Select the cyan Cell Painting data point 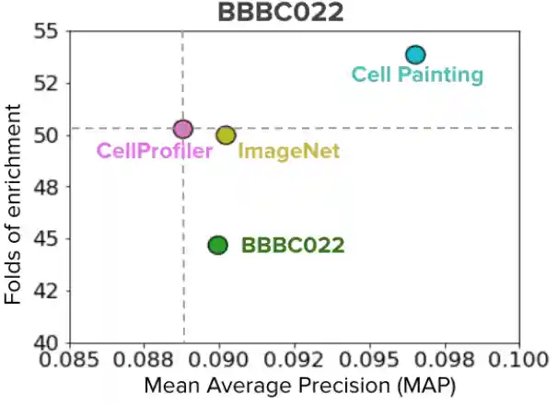pos(415,55)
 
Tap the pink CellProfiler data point pos(183,129)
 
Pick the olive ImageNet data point pos(226,135)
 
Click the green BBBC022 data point pos(217,245)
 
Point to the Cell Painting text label pos(418,75)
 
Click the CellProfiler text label pos(155,151)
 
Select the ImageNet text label pos(288,151)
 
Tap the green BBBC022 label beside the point pos(293,246)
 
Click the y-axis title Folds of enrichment pos(13,204)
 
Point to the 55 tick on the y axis pos(44,31)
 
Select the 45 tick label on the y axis pos(44,239)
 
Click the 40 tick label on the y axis pos(44,343)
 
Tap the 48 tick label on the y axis pos(44,188)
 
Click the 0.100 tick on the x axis pos(520,359)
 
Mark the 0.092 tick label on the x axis pos(295,359)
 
